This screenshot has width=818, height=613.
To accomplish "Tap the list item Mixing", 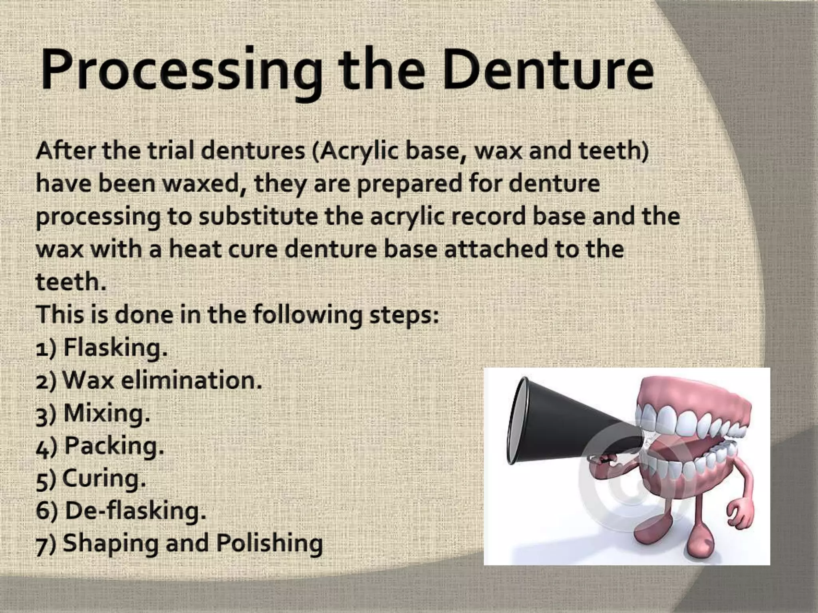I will point(106,413).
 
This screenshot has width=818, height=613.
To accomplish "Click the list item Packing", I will point(114,446).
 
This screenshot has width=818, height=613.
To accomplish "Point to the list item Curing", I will point(104,478).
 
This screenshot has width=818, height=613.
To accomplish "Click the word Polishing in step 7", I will point(269,544).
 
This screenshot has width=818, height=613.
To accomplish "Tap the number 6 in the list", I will point(42,511).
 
